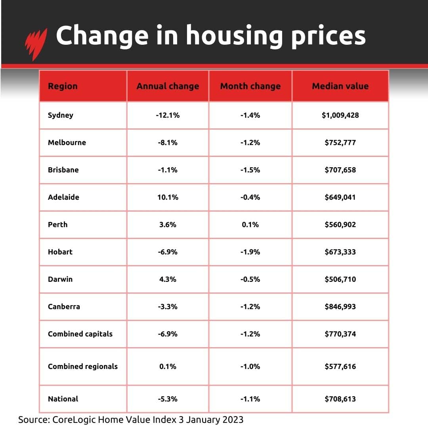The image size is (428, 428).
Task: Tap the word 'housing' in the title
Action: [x=234, y=36]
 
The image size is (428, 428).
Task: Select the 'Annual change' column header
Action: [x=168, y=86]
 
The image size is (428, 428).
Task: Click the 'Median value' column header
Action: [x=340, y=86]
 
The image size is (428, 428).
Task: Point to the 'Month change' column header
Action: [x=250, y=86]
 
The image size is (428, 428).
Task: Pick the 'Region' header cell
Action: [x=63, y=86]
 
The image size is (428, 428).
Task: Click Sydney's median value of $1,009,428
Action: [x=340, y=115]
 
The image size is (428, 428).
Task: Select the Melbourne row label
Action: [x=67, y=142]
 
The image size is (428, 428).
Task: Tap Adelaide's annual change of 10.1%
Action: [x=168, y=197]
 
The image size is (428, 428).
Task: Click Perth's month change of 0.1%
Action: [x=250, y=224]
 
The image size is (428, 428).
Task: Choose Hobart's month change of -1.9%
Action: [x=250, y=252]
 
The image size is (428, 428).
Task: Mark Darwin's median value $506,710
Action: [x=340, y=279]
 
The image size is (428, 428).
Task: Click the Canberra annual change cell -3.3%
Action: [x=168, y=306]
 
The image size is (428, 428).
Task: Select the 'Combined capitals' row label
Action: [x=80, y=334]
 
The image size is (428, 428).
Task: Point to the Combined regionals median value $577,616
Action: [x=340, y=366]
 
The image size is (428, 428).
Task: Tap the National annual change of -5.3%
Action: [x=168, y=399]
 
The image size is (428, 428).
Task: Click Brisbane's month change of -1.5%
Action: [x=250, y=170]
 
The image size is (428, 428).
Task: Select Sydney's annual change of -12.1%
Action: [x=168, y=115]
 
